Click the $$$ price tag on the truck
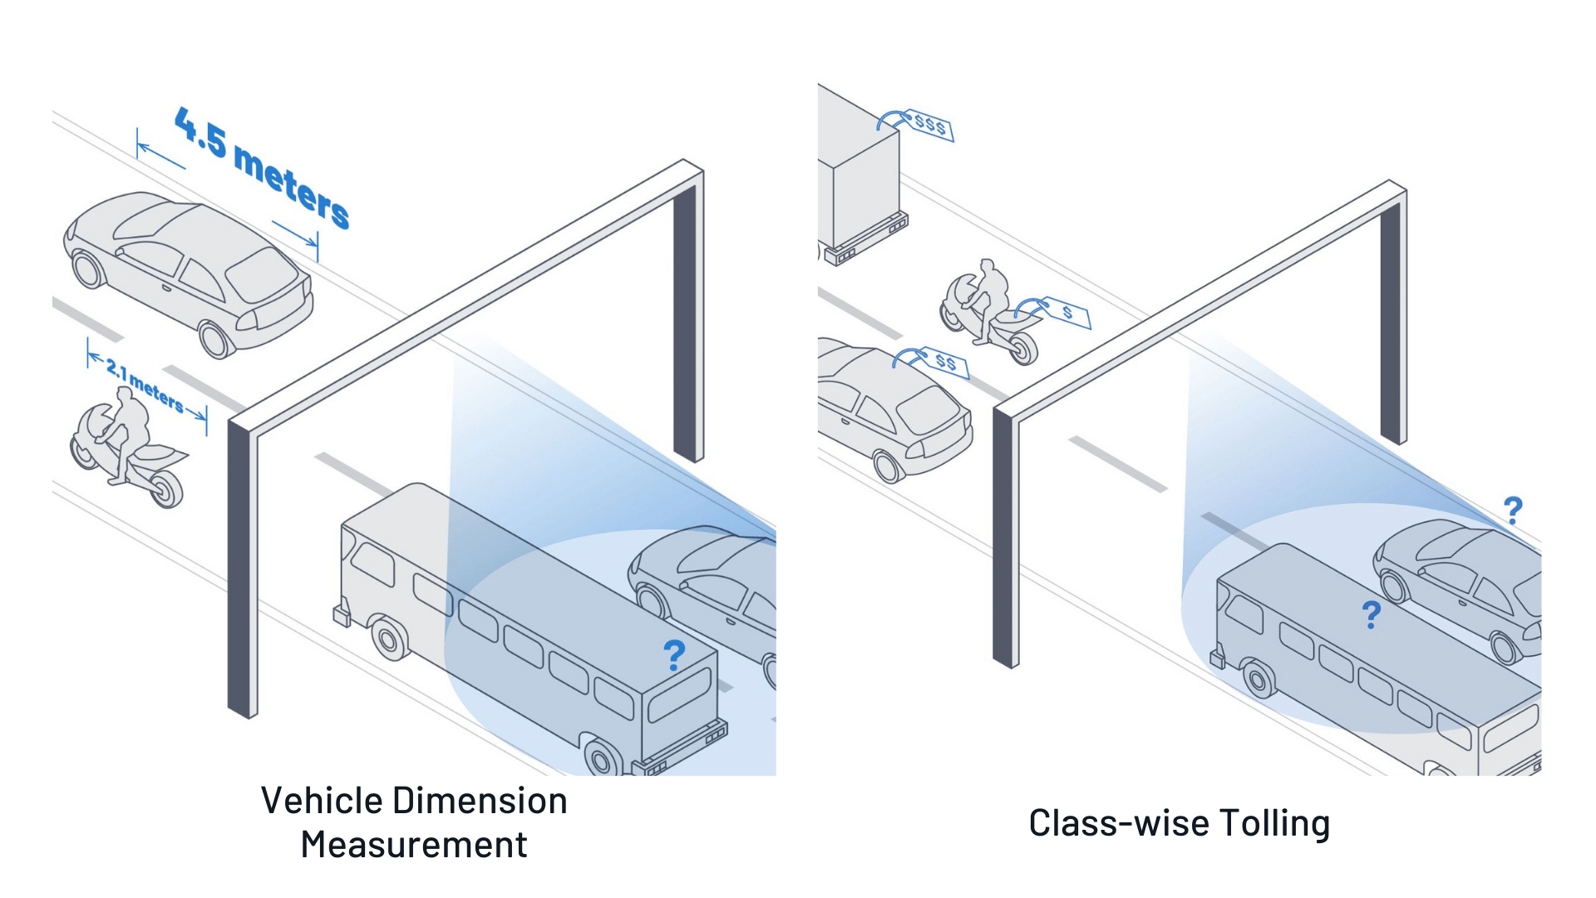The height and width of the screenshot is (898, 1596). pos(929,126)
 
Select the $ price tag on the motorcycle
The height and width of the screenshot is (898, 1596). pos(1066,313)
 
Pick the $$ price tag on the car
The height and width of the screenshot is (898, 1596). pos(945,362)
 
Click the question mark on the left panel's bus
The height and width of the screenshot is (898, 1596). pos(674,655)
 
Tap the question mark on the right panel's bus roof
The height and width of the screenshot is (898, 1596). pos(1371,614)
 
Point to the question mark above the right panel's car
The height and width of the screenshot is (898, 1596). pos(1513,510)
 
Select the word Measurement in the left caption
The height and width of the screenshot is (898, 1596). pos(414,845)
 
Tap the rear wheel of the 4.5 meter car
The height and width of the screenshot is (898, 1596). pos(214,339)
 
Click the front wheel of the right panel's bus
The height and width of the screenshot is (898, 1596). pos(1258,680)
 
